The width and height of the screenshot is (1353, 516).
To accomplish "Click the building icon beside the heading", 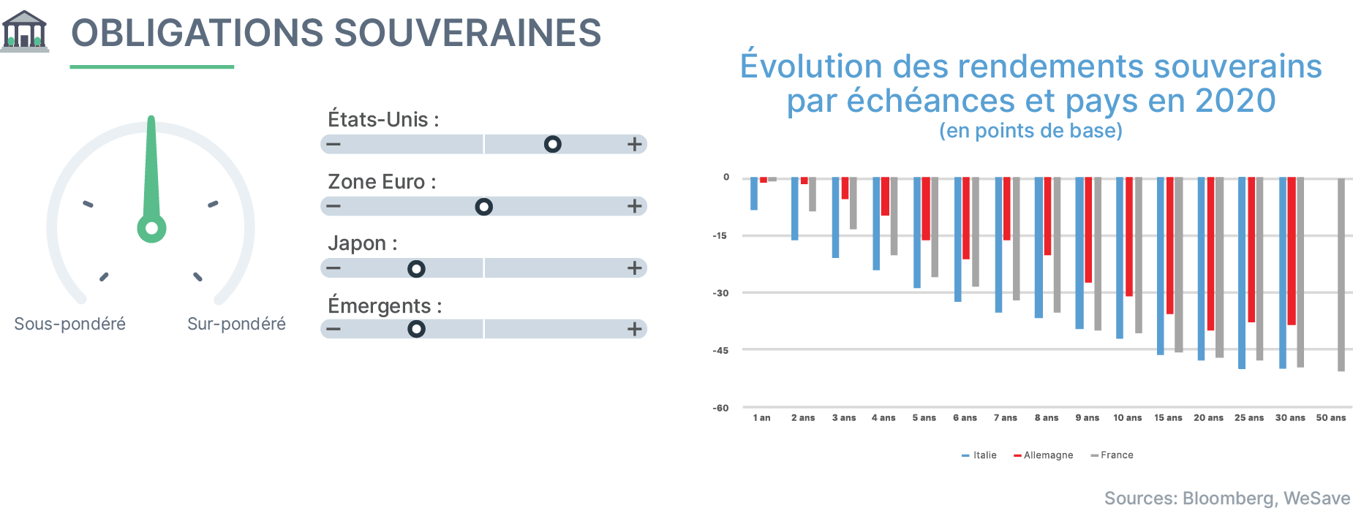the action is click(x=25, y=31).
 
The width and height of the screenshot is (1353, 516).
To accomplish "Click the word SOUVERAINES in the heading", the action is click(x=467, y=34).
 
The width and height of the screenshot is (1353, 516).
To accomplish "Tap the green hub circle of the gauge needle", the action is click(x=151, y=228).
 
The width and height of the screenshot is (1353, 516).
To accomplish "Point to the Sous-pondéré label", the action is click(x=70, y=324).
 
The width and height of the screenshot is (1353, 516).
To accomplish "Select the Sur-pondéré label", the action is click(x=236, y=324).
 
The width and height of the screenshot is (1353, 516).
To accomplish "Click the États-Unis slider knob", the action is click(x=553, y=144).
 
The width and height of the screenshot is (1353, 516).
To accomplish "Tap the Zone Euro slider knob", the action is click(x=483, y=207).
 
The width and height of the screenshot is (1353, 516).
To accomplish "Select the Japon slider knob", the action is click(x=416, y=269).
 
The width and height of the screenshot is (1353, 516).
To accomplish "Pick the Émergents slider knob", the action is click(x=416, y=329).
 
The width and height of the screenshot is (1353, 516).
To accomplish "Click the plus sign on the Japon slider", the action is click(x=635, y=268).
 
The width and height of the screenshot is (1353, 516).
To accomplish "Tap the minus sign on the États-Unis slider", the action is click(x=333, y=144).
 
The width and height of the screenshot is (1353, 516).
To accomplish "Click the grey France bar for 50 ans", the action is click(x=1341, y=275).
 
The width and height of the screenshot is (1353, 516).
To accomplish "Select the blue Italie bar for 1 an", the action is click(x=754, y=194).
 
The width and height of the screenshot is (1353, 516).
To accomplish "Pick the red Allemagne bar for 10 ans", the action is click(x=1129, y=237).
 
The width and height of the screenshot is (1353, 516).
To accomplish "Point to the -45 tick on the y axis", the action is click(x=720, y=351).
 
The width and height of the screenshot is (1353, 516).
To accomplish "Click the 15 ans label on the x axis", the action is click(x=1168, y=418).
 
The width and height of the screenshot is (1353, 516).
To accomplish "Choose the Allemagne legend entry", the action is click(x=1044, y=455).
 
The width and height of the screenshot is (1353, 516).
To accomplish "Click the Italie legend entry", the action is click(x=979, y=455).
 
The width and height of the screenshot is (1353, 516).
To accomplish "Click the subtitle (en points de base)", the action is click(x=1030, y=131).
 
